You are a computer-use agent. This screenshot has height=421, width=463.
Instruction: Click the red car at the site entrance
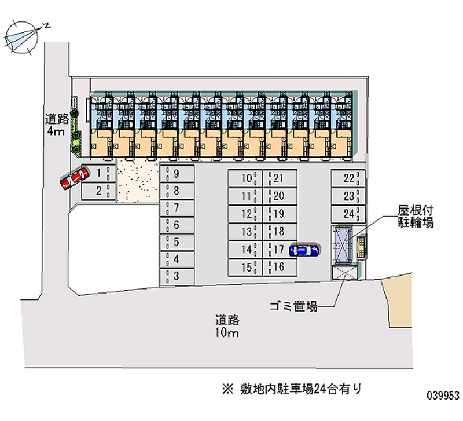[x=75, y=178]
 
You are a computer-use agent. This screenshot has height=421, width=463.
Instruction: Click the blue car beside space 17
[x=304, y=251]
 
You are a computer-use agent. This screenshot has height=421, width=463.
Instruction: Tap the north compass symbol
[x=22, y=38]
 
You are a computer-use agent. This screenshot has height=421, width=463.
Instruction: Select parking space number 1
[x=98, y=173]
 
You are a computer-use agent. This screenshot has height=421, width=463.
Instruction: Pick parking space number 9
[x=177, y=174]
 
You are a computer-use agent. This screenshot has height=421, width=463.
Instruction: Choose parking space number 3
[x=177, y=277]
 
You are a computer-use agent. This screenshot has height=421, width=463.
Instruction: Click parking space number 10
[x=245, y=178]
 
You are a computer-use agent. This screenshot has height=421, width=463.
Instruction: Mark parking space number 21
[x=280, y=178]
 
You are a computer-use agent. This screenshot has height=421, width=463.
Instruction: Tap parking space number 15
[x=245, y=268]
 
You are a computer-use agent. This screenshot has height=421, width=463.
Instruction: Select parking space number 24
[x=348, y=214]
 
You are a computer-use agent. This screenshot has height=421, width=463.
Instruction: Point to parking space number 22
[x=348, y=178]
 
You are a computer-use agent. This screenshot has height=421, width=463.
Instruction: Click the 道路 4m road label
[x=56, y=125]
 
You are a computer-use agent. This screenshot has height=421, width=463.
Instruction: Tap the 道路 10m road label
[x=227, y=326]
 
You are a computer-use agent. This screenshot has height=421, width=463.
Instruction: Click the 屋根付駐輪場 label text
[x=416, y=217]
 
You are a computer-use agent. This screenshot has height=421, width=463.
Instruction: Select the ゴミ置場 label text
[x=294, y=306]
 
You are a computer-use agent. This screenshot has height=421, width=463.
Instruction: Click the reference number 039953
[x=443, y=395]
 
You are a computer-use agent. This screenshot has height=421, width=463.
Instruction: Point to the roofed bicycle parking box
[x=342, y=246]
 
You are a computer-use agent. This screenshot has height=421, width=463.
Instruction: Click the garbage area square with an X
[x=344, y=272]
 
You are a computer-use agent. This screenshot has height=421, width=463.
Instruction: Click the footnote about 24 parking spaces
[x=292, y=389]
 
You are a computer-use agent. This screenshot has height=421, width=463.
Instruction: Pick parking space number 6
[x=177, y=225]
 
